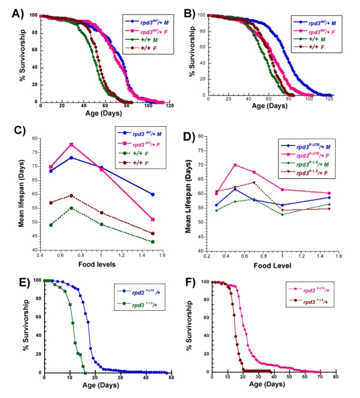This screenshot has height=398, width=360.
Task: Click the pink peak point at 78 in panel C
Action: pos(71,144)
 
